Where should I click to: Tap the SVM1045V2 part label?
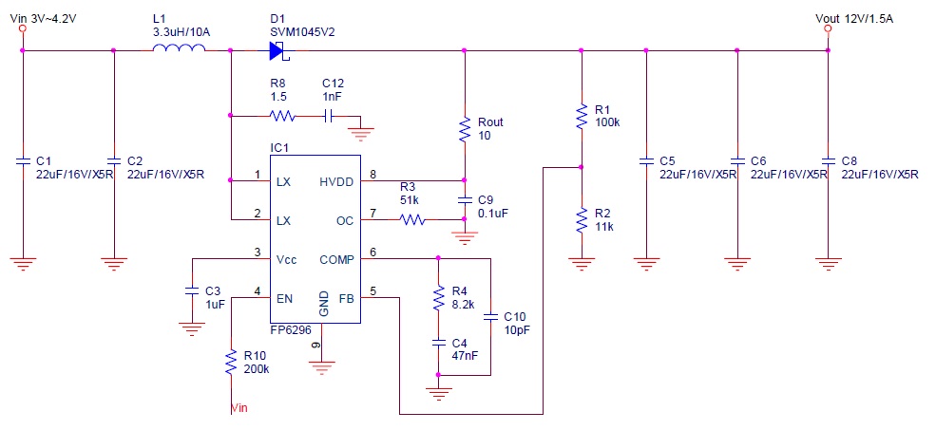[302, 31]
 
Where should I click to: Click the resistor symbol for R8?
[281, 117]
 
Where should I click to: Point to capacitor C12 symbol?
[328, 117]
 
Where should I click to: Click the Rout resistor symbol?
[464, 130]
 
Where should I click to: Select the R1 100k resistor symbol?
[581, 117]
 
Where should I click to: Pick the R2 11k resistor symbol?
[581, 220]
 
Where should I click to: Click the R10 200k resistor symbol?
[230, 361]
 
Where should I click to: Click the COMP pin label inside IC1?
[335, 258]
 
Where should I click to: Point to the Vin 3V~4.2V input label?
[44, 16]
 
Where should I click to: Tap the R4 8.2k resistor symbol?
[438, 299]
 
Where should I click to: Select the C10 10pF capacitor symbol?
[489, 317]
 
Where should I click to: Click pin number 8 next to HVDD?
[373, 174]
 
